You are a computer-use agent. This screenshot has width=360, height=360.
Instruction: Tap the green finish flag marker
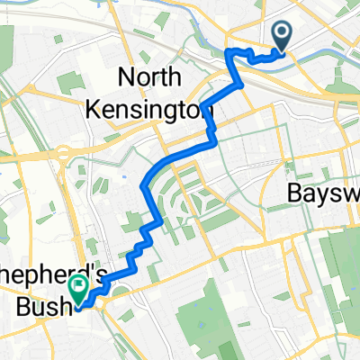[78, 288]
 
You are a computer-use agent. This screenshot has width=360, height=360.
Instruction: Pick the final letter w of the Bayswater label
[352, 193]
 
